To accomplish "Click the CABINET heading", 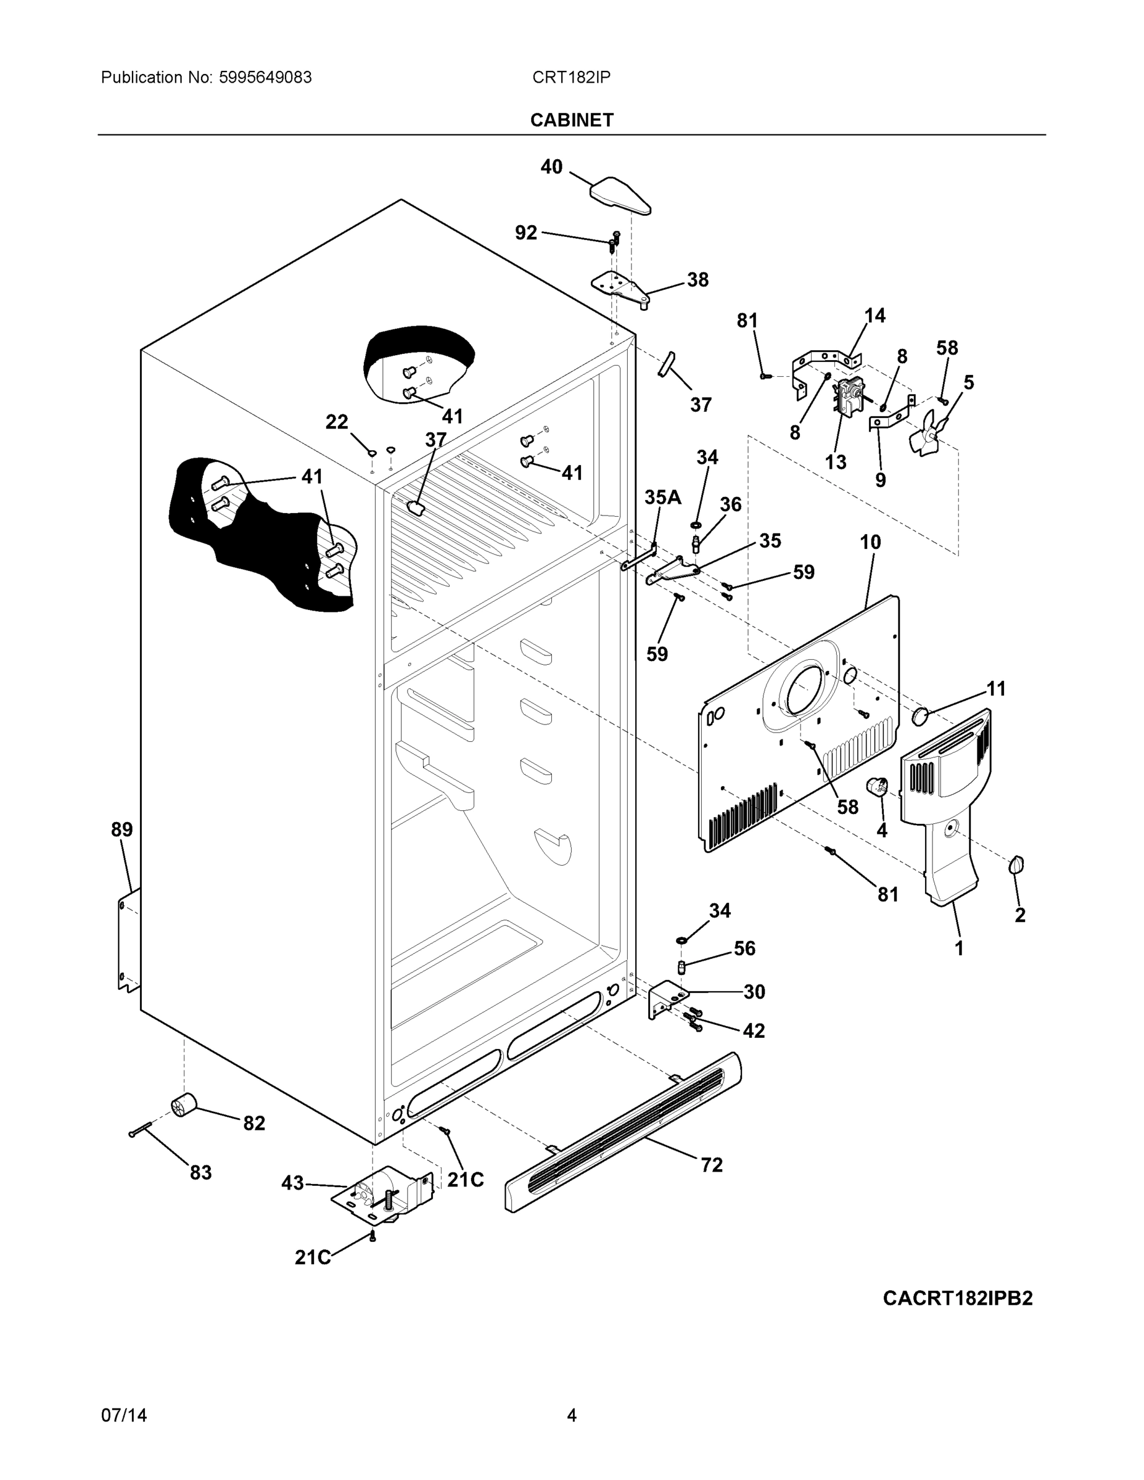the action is [x=571, y=120].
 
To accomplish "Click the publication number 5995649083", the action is [x=265, y=77].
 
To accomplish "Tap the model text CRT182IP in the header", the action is [x=570, y=77].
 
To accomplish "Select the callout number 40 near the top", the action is [x=551, y=166].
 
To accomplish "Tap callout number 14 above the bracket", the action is [x=874, y=315].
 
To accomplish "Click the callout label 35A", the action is [x=662, y=498].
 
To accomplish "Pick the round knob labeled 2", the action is [x=1016, y=865].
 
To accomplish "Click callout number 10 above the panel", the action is [x=870, y=542].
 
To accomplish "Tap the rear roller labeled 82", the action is [x=183, y=1106].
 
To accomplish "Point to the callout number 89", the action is [x=122, y=829].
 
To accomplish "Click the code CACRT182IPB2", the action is [x=957, y=1298].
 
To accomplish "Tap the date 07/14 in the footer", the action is [x=124, y=1416].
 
